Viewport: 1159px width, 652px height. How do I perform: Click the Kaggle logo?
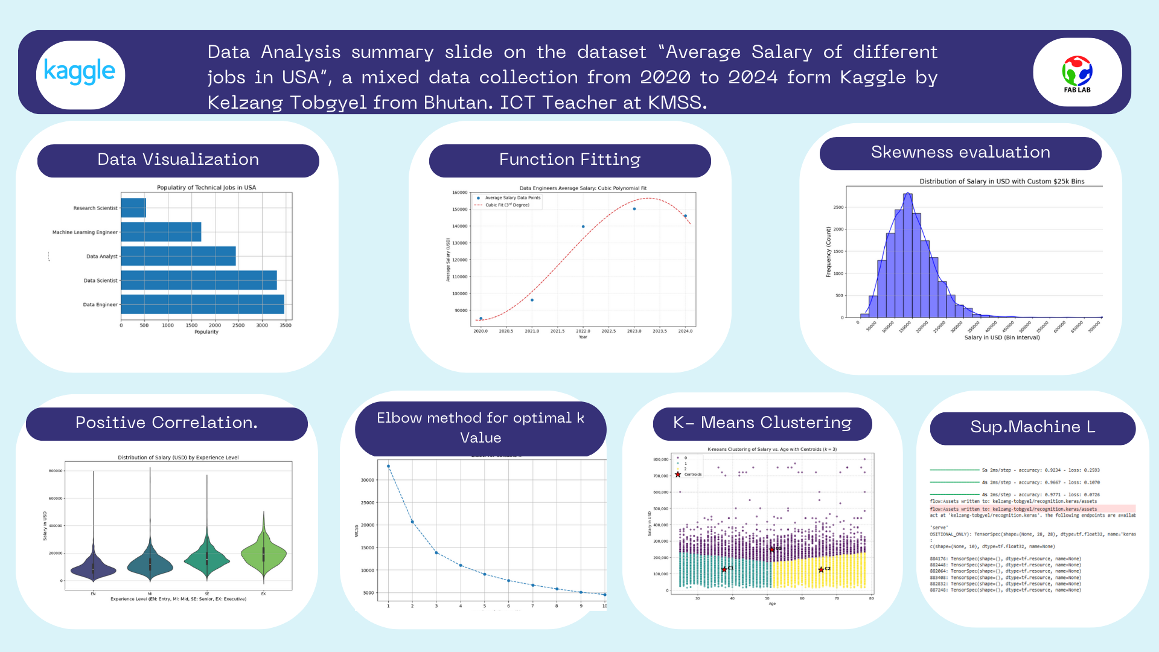pyautogui.click(x=80, y=74)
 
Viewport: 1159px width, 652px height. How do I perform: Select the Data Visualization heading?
pyautogui.click(x=178, y=160)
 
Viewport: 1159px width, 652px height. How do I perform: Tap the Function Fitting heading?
pyautogui.click(x=569, y=160)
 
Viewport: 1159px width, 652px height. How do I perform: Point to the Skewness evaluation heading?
pyautogui.click(x=960, y=153)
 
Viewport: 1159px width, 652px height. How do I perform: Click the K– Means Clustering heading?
pyautogui.click(x=762, y=423)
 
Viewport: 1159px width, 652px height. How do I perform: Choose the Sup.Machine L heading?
pyautogui.click(x=1032, y=427)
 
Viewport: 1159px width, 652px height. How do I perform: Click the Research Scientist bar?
pyautogui.click(x=133, y=208)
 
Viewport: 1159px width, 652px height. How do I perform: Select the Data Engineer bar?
pyautogui.click(x=202, y=304)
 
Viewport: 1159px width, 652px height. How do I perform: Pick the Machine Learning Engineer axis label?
pyautogui.click(x=85, y=232)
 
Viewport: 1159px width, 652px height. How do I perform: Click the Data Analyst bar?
pyautogui.click(x=178, y=256)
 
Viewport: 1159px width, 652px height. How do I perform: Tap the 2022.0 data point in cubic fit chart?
pyautogui.click(x=583, y=226)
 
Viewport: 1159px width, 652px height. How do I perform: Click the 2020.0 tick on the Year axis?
pyautogui.click(x=481, y=331)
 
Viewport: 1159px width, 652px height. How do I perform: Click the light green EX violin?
pyautogui.click(x=264, y=552)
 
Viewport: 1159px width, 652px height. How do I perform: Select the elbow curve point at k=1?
pyautogui.click(x=388, y=466)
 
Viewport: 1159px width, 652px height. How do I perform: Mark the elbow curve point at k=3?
pyautogui.click(x=436, y=552)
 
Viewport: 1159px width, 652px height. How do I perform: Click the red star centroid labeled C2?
pyautogui.click(x=821, y=569)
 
